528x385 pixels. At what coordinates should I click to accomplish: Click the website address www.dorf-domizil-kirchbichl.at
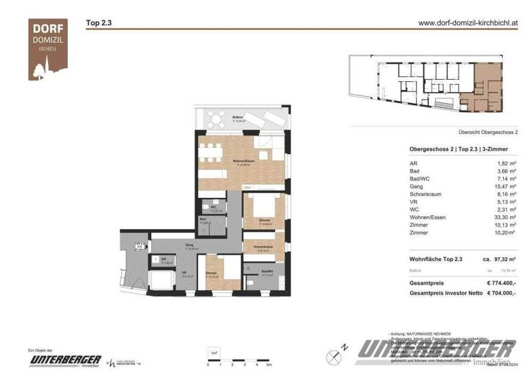[467, 22]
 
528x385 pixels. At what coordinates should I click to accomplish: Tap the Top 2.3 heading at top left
[98, 23]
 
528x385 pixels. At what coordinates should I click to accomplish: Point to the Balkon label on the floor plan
[238, 117]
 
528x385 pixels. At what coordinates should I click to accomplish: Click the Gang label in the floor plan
[188, 244]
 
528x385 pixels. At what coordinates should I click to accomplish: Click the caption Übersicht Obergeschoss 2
[487, 131]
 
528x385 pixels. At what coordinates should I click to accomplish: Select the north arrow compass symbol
[335, 355]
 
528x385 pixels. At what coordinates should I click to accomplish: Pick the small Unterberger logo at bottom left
[65, 360]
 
